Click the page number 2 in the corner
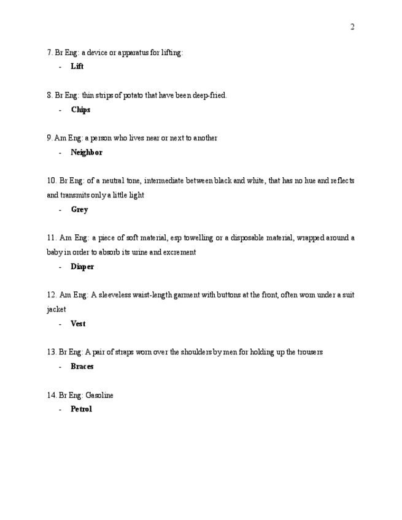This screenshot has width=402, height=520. [x=352, y=27]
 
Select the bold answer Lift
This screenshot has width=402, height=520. [x=77, y=67]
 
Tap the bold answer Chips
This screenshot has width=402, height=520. [x=80, y=110]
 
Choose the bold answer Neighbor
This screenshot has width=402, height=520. [x=87, y=153]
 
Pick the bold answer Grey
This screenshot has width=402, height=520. [x=79, y=210]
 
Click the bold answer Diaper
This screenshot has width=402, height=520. [x=82, y=267]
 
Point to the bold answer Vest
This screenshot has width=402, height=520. [x=78, y=324]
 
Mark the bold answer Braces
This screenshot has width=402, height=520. [x=82, y=367]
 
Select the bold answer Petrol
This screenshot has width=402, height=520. [x=81, y=409]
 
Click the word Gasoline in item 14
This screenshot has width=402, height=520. [x=99, y=396]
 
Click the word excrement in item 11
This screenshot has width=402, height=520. [x=180, y=252]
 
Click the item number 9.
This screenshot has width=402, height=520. [x=48, y=139]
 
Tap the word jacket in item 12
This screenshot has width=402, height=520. [x=56, y=310]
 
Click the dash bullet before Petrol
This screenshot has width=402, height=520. [x=60, y=409]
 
